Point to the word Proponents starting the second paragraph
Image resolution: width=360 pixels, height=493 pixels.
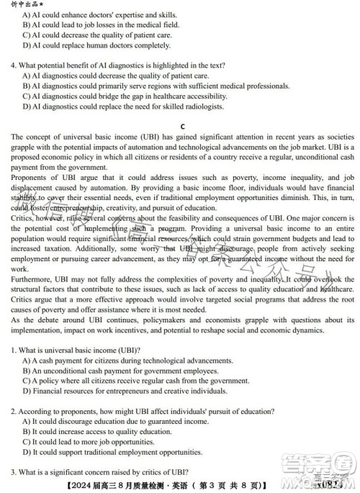click(28, 176)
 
